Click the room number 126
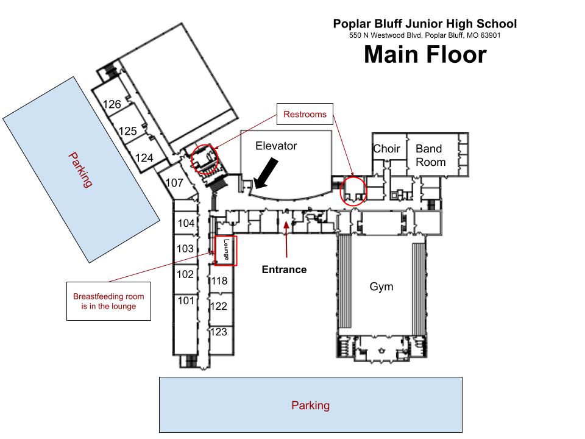[x=112, y=104]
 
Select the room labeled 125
[x=127, y=131]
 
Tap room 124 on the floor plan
[x=144, y=158]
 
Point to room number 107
[x=174, y=182]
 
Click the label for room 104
[x=186, y=223]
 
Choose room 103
[x=185, y=249]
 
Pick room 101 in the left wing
[x=186, y=301]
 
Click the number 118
[x=219, y=280]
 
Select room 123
[x=219, y=332]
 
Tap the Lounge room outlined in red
[x=225, y=251]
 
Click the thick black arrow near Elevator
[x=266, y=173]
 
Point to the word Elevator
[x=276, y=146]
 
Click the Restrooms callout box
[x=305, y=114]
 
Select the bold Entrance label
[x=285, y=269]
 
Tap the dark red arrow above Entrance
[x=286, y=239]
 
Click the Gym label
[x=381, y=287]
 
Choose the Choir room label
[x=386, y=149]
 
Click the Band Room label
[x=431, y=155]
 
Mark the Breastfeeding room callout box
[x=108, y=301]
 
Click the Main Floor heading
[x=425, y=54]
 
